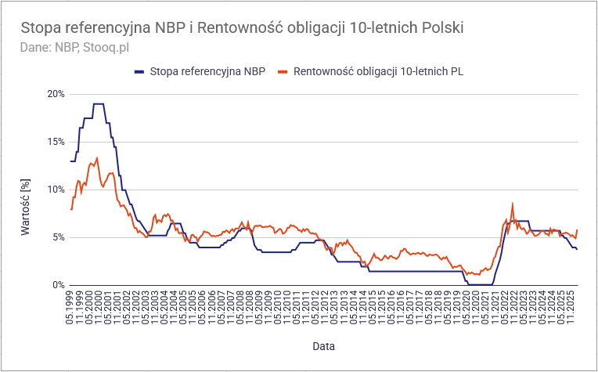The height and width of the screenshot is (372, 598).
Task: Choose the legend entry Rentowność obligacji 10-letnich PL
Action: click(x=378, y=71)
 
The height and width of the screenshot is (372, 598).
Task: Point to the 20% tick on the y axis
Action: click(x=56, y=94)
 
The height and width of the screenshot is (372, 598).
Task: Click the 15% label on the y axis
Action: click(x=56, y=142)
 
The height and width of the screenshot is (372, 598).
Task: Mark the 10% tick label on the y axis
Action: click(x=56, y=190)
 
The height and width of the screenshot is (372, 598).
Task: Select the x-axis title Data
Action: click(x=324, y=345)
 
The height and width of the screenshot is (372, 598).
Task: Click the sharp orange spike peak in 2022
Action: click(x=513, y=204)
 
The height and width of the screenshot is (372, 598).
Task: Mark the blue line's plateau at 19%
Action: click(x=98, y=103)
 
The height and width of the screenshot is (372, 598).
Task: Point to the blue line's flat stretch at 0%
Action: click(x=481, y=284)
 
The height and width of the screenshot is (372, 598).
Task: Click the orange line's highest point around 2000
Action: click(x=96, y=158)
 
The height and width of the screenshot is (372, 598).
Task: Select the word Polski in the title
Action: click(x=443, y=27)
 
